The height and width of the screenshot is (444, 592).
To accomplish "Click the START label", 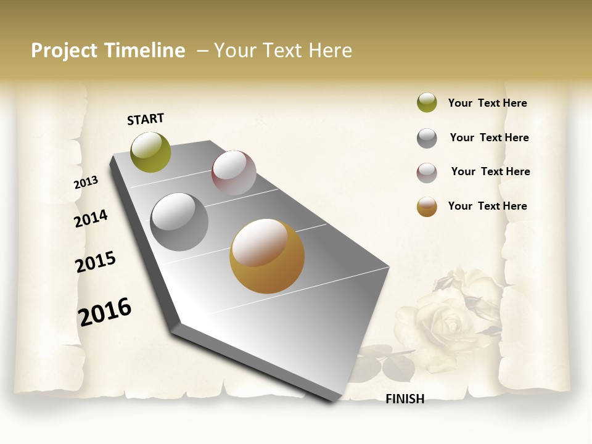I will point(146,119).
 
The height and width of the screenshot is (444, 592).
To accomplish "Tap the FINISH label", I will point(405,399).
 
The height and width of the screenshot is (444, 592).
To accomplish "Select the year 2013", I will point(86,182).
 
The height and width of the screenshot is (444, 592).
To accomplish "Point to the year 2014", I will point(91,218).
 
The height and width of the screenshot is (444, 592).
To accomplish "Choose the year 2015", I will point(96,262).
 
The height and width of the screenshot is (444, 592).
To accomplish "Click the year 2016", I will point(105,311).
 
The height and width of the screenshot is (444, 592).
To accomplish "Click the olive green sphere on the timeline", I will point(150,152).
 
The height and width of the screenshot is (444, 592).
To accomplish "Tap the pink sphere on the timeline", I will point(234,173).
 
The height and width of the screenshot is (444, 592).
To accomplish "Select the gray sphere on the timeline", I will point(179,222).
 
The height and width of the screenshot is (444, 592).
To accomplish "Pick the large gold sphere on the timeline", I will point(267,256).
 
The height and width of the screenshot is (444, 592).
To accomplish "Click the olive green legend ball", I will point(427,103).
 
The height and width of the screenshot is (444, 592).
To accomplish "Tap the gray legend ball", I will point(427,138).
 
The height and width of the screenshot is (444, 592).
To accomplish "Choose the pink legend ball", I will point(427,173).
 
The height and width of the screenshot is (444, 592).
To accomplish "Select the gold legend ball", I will point(427,207).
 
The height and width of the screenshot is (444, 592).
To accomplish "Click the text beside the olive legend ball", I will point(487,103).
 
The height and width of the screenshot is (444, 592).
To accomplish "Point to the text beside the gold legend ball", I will point(487,206).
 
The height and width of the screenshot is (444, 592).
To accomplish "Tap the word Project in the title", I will point(64,51).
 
